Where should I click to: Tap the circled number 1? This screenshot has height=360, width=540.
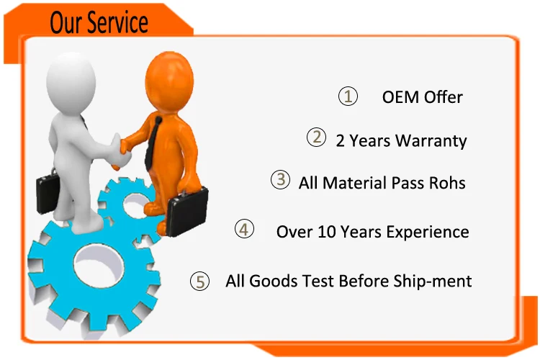coord(348,96)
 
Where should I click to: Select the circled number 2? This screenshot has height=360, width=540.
coord(316,137)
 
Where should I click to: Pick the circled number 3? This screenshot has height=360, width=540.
coord(280,179)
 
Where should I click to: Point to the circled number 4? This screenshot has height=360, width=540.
coord(244,229)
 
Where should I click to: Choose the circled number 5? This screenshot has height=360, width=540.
coord(199,281)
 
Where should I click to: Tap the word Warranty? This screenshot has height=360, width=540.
coord(431,141)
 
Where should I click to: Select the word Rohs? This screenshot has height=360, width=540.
coord(447,183)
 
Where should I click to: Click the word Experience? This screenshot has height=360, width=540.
coord(428,232)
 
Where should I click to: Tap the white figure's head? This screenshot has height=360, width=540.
coord(71,83)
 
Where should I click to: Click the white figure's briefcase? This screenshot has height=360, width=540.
coord(48,191)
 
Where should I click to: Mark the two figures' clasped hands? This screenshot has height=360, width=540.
coord(120,152)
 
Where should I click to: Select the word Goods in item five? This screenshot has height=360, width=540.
coord(273,281)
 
